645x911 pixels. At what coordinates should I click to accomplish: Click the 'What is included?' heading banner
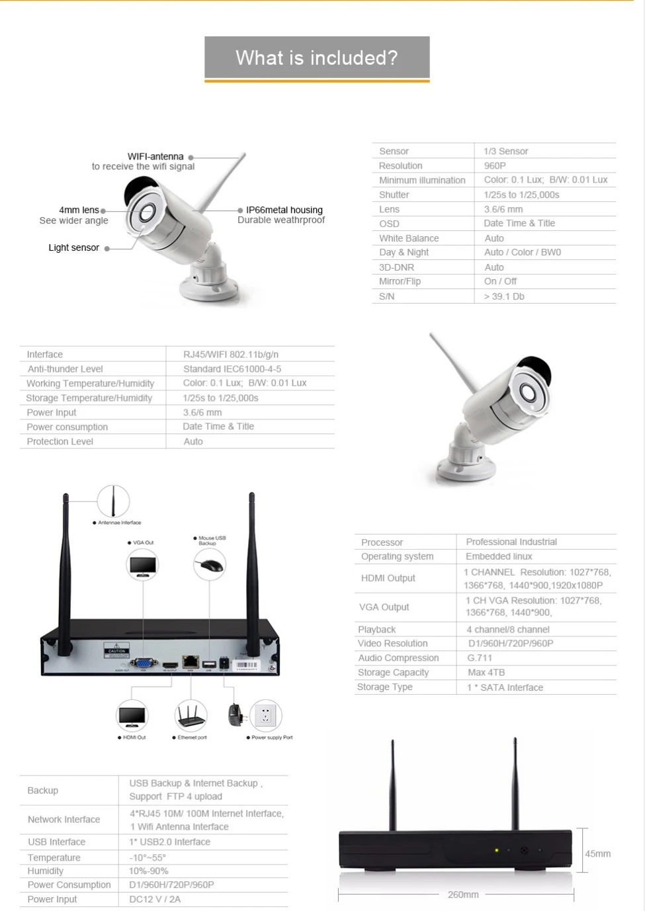[x=317, y=58]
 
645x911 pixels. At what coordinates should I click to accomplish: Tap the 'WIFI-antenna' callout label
[x=155, y=157]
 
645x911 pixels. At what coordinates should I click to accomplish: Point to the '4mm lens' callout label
[x=79, y=210]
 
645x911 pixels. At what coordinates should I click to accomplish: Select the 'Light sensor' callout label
[x=73, y=247]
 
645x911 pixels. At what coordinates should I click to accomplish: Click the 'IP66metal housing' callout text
[x=284, y=210]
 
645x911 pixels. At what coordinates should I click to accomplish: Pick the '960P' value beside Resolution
[x=495, y=165]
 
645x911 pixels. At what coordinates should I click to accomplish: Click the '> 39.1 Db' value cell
[x=504, y=296]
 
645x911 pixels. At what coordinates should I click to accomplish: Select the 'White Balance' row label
[x=409, y=238]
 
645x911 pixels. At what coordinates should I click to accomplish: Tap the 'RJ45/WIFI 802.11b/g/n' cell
[x=231, y=355]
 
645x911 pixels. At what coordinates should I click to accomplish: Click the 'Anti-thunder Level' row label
[x=65, y=369]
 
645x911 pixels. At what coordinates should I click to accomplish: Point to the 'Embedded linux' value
[x=499, y=556]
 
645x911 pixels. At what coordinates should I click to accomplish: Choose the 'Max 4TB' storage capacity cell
[x=486, y=672]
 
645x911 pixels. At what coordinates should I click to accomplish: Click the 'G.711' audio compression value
[x=480, y=658]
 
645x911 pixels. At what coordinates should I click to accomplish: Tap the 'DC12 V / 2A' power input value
[x=155, y=899]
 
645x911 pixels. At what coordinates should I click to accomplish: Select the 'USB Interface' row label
[x=57, y=842]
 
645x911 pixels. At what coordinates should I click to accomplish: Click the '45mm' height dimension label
[x=597, y=853]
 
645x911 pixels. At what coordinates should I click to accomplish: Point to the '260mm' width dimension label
[x=463, y=894]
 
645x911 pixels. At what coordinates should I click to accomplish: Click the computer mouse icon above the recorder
[x=210, y=565]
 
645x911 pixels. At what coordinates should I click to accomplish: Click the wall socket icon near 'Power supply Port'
[x=266, y=715]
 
